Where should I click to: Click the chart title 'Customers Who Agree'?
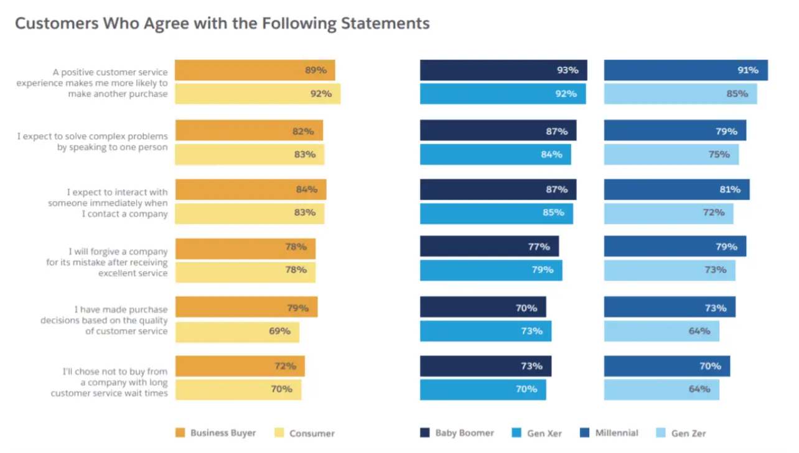coord(222,24)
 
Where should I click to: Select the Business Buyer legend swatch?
coord(180,433)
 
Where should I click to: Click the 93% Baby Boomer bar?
coord(503,70)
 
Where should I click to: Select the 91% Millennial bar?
coord(685,70)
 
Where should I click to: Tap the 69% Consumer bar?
coord(236,332)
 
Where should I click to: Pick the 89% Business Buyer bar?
coord(255,70)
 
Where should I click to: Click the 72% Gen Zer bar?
coord(668,213)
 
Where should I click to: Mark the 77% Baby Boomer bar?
coord(489,247)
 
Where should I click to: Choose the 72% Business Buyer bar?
coord(240,367)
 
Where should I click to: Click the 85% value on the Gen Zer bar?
coord(737,94)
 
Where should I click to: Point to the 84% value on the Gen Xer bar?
coord(551,154)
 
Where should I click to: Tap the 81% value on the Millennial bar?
coord(730,190)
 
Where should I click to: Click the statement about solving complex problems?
coord(93,142)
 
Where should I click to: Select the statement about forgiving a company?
coord(106,263)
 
